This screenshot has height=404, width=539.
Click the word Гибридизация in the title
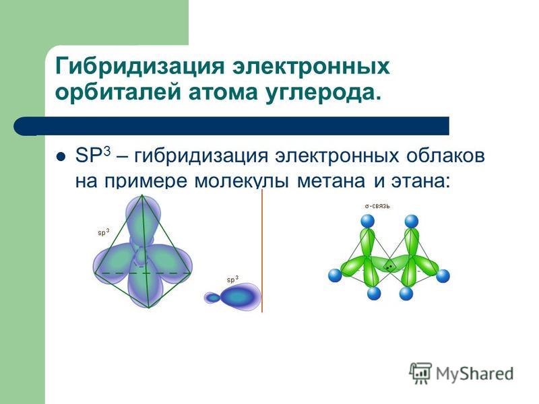tap(139, 66)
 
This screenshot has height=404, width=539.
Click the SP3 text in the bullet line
tap(93, 156)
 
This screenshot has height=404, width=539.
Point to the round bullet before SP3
tap(61, 157)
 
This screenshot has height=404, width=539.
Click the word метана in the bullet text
tap(331, 181)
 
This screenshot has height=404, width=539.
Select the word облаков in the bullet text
tap(445, 156)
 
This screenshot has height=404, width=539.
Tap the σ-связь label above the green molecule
tap(377, 206)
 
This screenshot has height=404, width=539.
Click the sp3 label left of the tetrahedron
tap(104, 232)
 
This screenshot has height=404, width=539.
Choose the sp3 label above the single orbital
tap(232, 279)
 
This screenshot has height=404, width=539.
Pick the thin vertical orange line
tap(262, 250)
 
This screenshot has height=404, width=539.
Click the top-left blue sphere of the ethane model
tap(367, 221)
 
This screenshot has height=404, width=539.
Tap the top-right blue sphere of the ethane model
tap(412, 222)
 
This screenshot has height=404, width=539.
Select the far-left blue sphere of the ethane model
tap(335, 275)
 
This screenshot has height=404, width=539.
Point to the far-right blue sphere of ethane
tap(443, 276)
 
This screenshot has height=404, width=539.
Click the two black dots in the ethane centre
tap(389, 267)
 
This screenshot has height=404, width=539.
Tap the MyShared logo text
tap(475, 373)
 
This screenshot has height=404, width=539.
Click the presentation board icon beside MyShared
tap(420, 373)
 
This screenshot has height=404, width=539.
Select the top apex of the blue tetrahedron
tap(142, 195)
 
